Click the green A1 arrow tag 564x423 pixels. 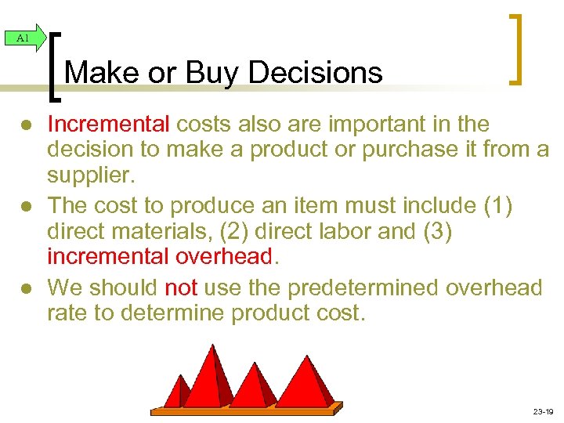point(23,37)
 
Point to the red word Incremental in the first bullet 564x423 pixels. point(108,124)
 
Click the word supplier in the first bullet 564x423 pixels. point(89,175)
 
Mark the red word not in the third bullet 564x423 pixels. point(181,287)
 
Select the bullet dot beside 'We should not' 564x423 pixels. point(27,288)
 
